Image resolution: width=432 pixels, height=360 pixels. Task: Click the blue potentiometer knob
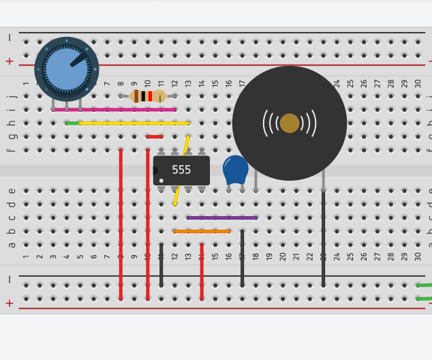click(x=66, y=68)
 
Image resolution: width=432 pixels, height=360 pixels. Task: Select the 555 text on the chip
click(x=181, y=170)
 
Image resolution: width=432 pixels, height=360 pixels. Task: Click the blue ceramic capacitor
click(x=236, y=169)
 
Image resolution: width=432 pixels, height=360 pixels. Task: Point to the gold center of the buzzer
click(x=290, y=123)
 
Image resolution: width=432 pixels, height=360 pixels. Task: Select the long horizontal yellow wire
click(x=134, y=123)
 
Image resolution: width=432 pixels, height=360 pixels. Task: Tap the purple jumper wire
click(x=222, y=218)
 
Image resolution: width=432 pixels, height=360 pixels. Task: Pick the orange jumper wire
click(x=202, y=231)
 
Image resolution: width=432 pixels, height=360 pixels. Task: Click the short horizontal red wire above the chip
click(x=154, y=136)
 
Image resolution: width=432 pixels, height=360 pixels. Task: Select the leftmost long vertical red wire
click(x=121, y=225)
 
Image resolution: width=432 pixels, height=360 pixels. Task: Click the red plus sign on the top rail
click(x=10, y=61)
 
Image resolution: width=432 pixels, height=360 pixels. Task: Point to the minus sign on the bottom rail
click(x=10, y=280)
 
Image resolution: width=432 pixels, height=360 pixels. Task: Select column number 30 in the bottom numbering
click(x=418, y=256)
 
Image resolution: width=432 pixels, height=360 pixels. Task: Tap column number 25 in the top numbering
click(x=350, y=84)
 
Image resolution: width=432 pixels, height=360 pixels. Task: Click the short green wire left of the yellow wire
click(x=72, y=123)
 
